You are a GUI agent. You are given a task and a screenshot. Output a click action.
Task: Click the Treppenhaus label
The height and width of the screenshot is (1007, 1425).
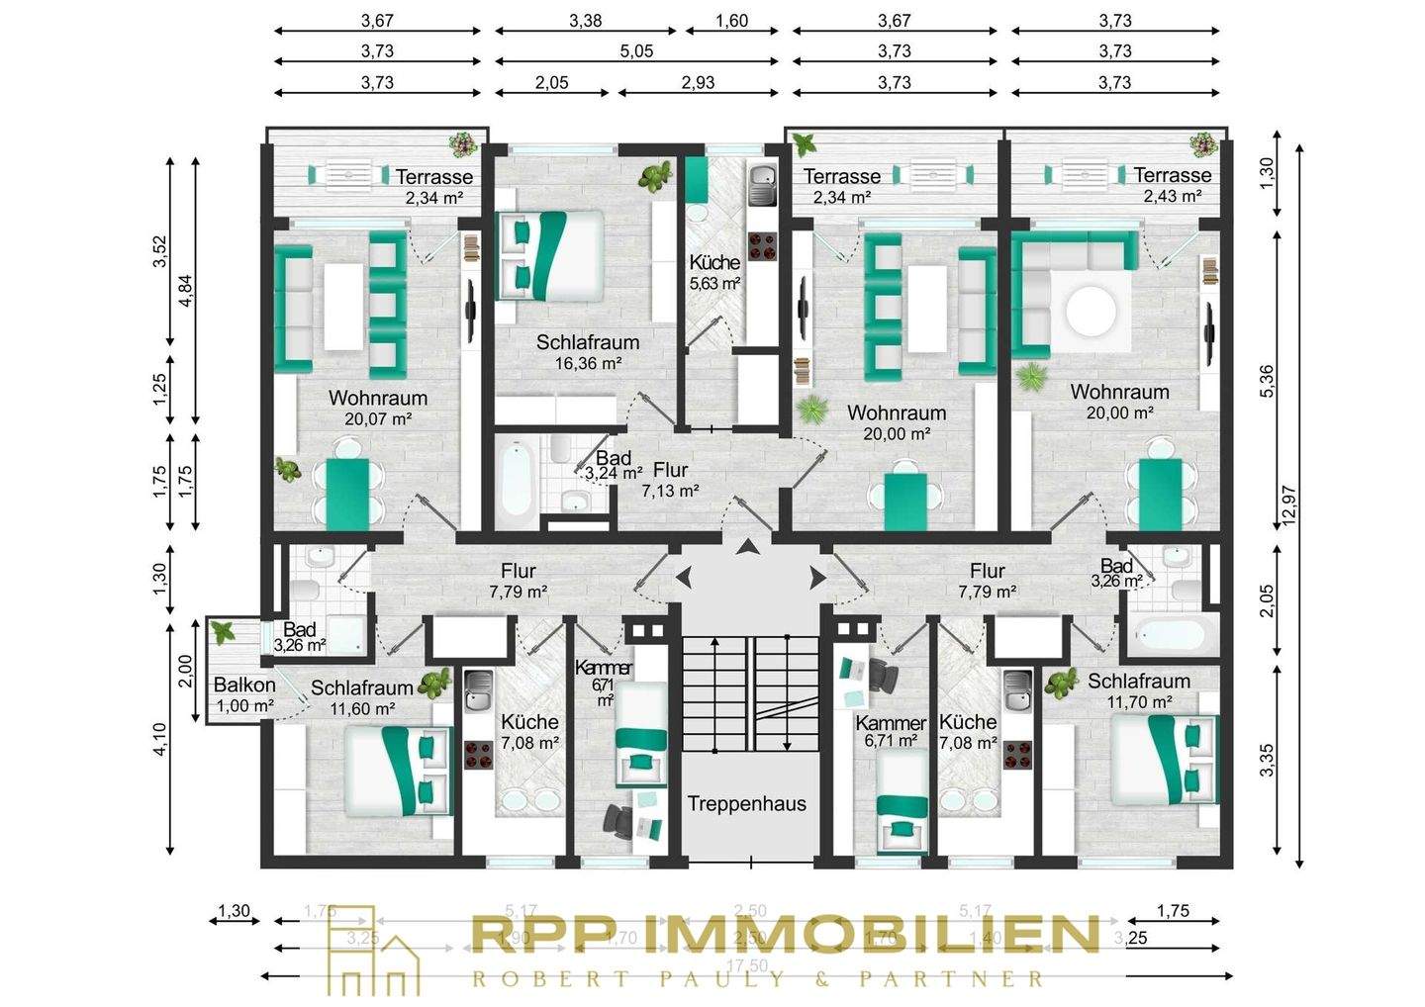(747, 803)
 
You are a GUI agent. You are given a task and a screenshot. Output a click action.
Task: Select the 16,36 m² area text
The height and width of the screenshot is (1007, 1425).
(588, 363)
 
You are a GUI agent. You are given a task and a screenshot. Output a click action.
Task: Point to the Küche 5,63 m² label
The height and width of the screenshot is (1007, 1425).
(714, 272)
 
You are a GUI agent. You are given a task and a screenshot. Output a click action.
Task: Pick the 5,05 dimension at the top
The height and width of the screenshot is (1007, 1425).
(636, 51)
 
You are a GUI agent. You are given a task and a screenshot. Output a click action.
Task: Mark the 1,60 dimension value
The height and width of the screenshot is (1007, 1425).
(731, 21)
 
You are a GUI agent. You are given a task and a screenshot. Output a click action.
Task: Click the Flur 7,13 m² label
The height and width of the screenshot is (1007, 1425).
(670, 480)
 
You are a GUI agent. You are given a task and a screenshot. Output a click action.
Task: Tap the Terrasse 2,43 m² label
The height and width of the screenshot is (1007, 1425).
(1172, 185)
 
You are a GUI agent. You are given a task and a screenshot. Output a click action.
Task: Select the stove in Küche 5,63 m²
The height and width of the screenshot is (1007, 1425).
(762, 245)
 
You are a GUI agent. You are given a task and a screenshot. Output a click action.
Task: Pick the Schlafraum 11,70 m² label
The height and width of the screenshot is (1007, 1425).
(1138, 690)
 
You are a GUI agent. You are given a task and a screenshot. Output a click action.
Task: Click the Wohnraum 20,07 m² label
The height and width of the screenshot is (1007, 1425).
(378, 408)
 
